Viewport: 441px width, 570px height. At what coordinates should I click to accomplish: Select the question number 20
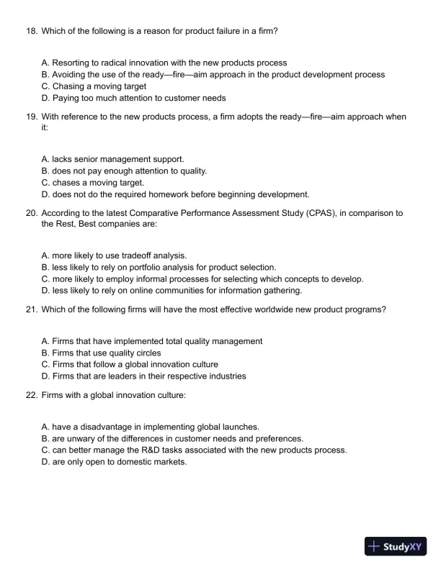point(31,213)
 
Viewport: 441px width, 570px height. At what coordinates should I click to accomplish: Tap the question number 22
point(31,395)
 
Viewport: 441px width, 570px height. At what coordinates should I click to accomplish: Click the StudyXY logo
point(396,546)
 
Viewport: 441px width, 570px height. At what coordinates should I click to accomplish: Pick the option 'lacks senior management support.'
point(113,159)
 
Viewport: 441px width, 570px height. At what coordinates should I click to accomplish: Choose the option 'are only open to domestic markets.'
point(115,461)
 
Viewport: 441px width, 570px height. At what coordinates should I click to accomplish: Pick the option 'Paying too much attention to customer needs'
point(134,98)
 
